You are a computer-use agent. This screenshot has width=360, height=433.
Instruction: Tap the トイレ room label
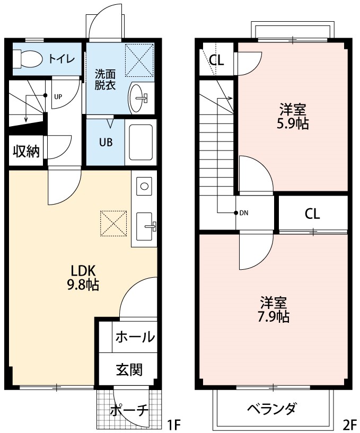pos(62,58)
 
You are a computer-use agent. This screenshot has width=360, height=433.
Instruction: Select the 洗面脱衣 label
pos(105,79)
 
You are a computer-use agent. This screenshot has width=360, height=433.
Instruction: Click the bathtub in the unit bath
pos(141,143)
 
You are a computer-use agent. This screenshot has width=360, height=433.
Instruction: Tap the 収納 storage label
pos(26,152)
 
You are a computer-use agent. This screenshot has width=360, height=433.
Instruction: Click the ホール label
pos(135,337)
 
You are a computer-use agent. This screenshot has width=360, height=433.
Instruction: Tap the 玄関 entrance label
pos(129,369)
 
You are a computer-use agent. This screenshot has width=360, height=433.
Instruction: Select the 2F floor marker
pos(349,424)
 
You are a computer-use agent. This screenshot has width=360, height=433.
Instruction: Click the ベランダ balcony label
pos(271,409)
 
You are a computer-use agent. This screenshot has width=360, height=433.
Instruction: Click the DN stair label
pos(244,214)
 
